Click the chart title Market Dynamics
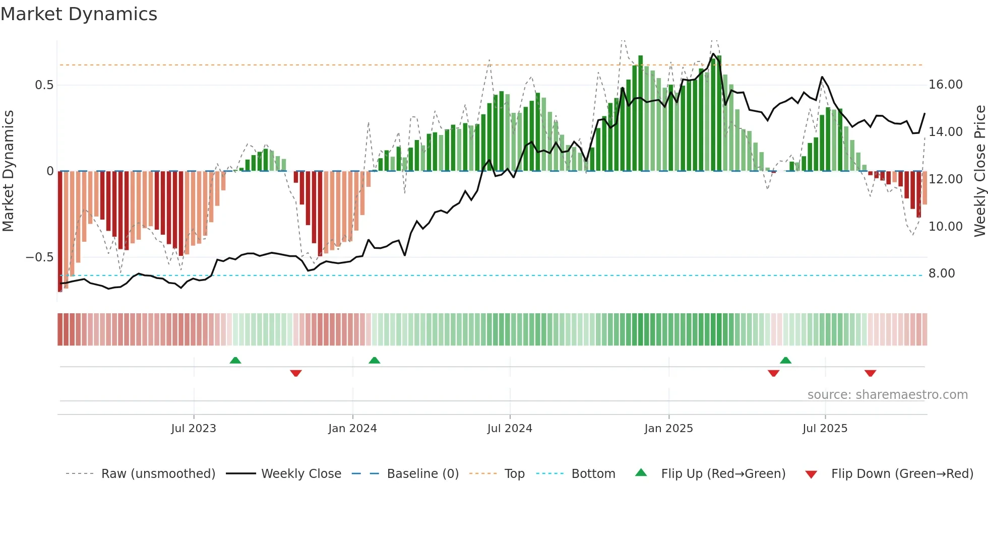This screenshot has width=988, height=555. (x=79, y=14)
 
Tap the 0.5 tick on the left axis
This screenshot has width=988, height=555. (x=44, y=85)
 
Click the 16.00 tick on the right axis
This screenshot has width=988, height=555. (x=946, y=85)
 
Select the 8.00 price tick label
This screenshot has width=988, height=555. (x=942, y=273)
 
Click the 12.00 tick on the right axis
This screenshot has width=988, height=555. (x=946, y=179)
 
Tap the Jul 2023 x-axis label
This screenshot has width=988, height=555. (x=194, y=429)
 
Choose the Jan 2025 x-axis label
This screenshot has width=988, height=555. (x=668, y=429)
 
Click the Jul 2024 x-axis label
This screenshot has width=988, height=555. (x=510, y=429)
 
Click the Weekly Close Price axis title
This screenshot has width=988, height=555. (x=979, y=171)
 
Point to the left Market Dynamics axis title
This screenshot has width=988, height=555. (x=8, y=171)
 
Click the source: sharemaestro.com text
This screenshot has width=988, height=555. (x=887, y=395)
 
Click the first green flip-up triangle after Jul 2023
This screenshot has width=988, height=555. (x=235, y=360)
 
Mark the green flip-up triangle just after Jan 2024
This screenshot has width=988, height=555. (x=374, y=360)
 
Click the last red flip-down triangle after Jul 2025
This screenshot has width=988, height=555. (x=870, y=373)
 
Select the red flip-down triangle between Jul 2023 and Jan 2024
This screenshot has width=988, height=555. (x=296, y=373)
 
